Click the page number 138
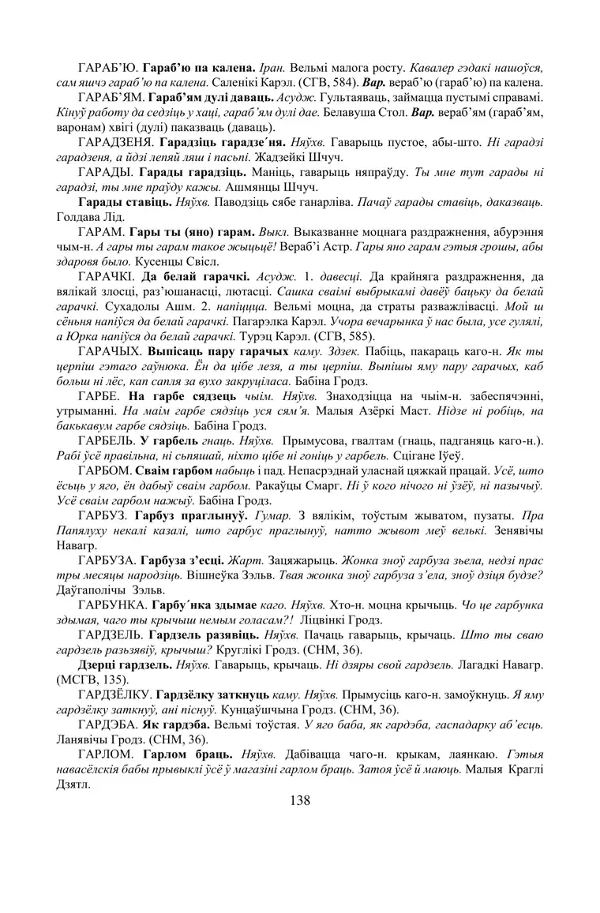click(300, 801)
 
